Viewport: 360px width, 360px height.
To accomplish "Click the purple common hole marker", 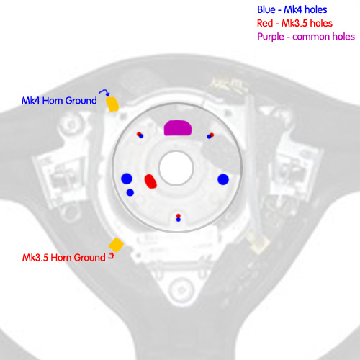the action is pyautogui.click(x=178, y=128).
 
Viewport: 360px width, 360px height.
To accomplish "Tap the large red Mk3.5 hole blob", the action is pyautogui.click(x=150, y=181).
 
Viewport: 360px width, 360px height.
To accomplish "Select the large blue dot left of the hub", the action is pyautogui.click(x=127, y=179).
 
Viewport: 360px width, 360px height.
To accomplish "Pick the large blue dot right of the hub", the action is pyautogui.click(x=223, y=179).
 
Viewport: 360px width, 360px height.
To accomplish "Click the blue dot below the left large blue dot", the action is pyautogui.click(x=130, y=192).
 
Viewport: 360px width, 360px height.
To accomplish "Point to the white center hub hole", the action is pyautogui.click(x=176, y=168).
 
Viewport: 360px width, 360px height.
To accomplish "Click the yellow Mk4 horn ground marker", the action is pyautogui.click(x=112, y=104).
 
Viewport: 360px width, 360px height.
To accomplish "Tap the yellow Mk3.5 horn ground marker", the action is pyautogui.click(x=116, y=245).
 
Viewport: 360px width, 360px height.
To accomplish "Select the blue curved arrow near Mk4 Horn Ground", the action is pyautogui.click(x=104, y=92).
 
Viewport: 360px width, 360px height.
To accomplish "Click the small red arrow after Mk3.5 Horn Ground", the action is pyautogui.click(x=112, y=256).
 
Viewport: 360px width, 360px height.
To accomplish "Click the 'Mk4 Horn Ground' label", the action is pyautogui.click(x=59, y=101).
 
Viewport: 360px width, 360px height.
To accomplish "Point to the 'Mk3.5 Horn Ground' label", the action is pyautogui.click(x=64, y=258).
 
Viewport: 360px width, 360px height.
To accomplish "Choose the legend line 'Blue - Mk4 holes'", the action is pyautogui.click(x=292, y=9).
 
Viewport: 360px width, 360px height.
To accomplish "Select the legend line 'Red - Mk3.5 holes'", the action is pyautogui.click(x=294, y=23).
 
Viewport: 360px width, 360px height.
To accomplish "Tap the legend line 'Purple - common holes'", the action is pyautogui.click(x=306, y=37).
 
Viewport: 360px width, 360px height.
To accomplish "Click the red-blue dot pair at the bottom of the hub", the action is pyautogui.click(x=178, y=217).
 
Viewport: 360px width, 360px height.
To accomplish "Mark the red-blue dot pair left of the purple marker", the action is pyautogui.click(x=140, y=135).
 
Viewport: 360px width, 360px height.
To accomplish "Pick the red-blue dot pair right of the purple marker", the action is pyautogui.click(x=210, y=136).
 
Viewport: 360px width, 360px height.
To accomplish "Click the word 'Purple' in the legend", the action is pyautogui.click(x=271, y=37).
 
